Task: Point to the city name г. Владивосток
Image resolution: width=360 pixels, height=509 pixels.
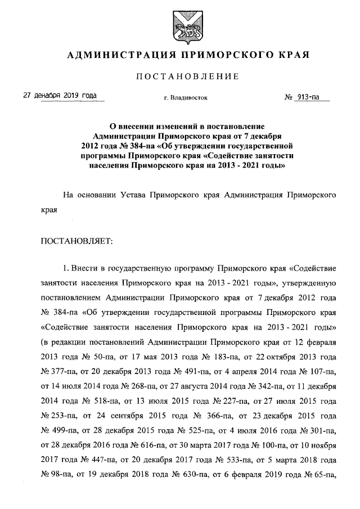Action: [x=186, y=97]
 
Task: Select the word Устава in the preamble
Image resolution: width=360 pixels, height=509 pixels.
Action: [x=133, y=196]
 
